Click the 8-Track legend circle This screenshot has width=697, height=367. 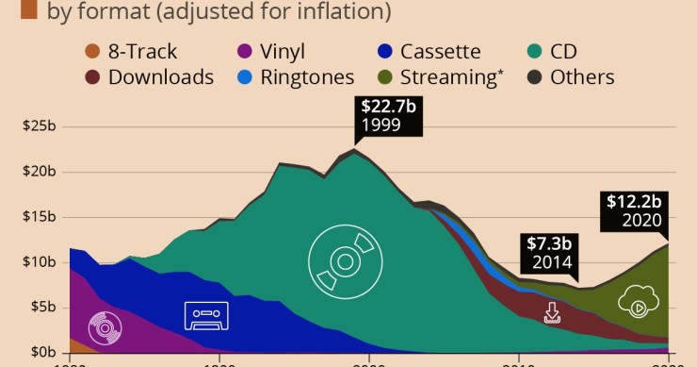pos(89,52)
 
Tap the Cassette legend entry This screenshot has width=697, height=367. pos(439,52)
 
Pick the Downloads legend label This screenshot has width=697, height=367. pos(161,77)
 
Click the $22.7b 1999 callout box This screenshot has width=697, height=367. pos(389,115)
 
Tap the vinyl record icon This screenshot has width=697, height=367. pos(105,328)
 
